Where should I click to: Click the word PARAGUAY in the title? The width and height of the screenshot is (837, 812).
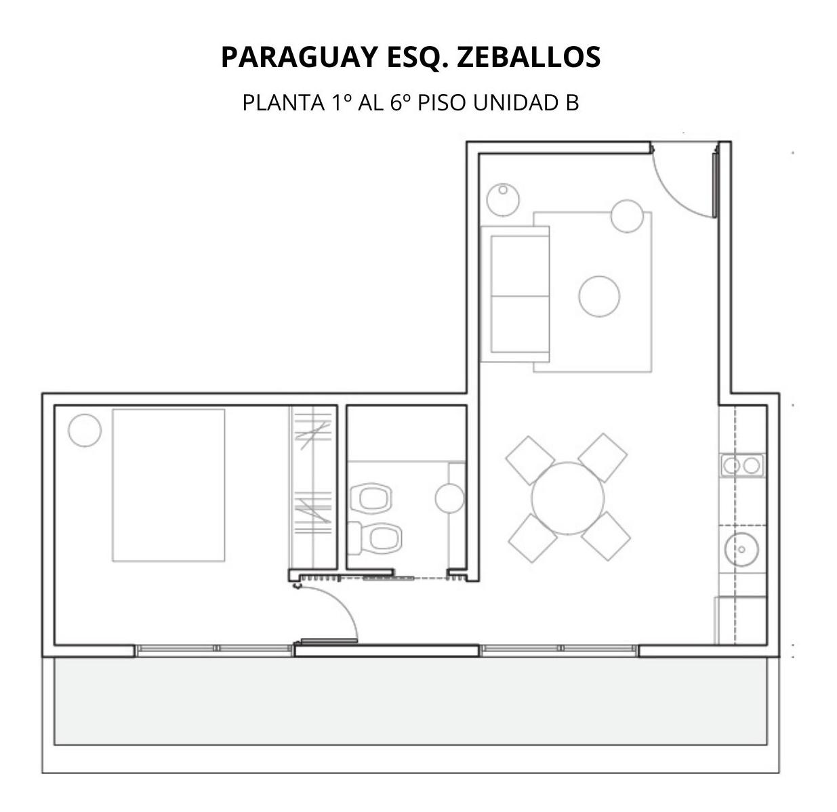300,57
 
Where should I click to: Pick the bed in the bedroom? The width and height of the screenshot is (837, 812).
168,485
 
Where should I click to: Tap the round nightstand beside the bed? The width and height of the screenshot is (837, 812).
85,430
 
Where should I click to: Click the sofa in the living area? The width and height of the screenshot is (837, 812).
515,294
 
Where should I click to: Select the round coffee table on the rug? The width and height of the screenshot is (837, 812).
599,296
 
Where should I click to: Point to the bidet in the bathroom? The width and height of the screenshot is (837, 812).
371,497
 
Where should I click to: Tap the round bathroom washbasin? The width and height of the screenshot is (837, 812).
450,498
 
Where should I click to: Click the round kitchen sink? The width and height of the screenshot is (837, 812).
741,549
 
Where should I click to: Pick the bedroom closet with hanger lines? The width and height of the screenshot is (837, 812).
312,488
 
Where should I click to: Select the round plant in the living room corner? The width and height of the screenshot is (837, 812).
503,200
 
